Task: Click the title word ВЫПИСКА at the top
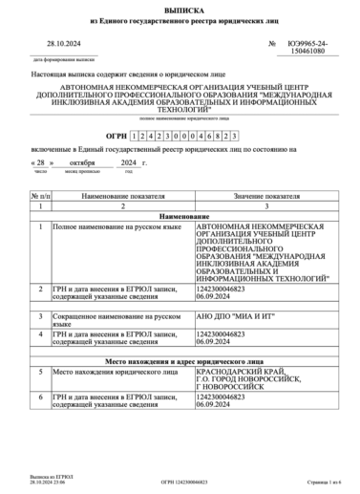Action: tap(180, 8)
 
